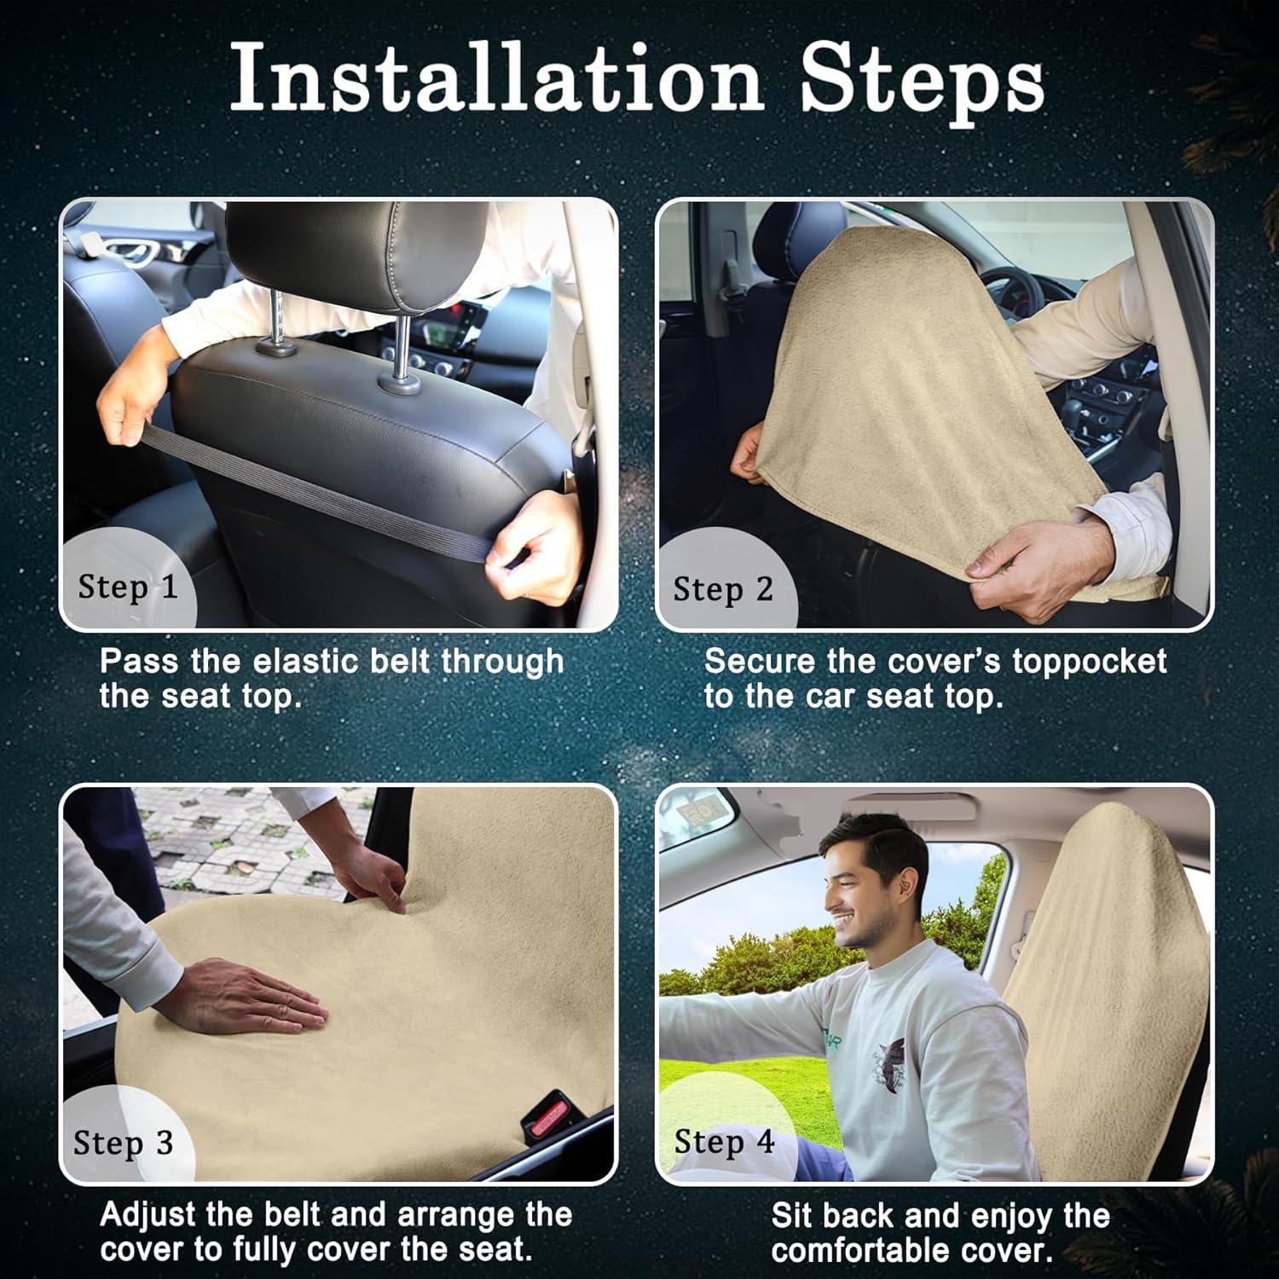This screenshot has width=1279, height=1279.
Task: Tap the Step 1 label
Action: point(128,587)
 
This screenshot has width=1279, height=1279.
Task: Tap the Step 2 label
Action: point(723,589)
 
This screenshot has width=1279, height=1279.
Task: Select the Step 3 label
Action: point(124,1143)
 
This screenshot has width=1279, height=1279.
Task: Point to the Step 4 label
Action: point(724,1142)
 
